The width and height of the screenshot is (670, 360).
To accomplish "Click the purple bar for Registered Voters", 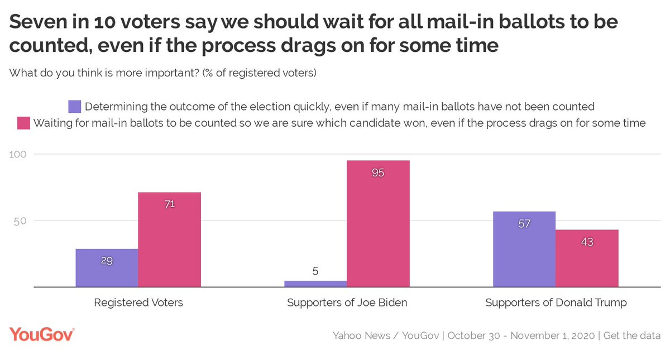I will (107, 268).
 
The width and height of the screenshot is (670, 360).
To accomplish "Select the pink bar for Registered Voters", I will (170, 240).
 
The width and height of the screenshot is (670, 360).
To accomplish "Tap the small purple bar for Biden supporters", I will (315, 284).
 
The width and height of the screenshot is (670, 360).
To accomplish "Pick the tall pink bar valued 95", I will (378, 224).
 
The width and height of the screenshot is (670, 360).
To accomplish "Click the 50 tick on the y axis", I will (21, 220).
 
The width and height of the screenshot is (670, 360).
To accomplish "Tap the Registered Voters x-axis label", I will (138, 303).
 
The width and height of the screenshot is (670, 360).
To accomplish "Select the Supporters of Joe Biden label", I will (347, 303).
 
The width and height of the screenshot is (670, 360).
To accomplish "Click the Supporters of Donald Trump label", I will (556, 303).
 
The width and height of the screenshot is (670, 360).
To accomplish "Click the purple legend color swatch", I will (75, 107).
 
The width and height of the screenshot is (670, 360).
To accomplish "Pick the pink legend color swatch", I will (24, 123).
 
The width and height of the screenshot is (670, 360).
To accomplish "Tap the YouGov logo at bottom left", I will (42, 335).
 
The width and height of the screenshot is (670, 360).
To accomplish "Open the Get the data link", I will (633, 336).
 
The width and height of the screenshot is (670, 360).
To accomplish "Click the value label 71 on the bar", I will (170, 204).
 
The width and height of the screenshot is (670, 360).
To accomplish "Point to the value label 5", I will (315, 272).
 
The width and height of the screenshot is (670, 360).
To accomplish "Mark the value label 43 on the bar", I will (587, 242).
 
